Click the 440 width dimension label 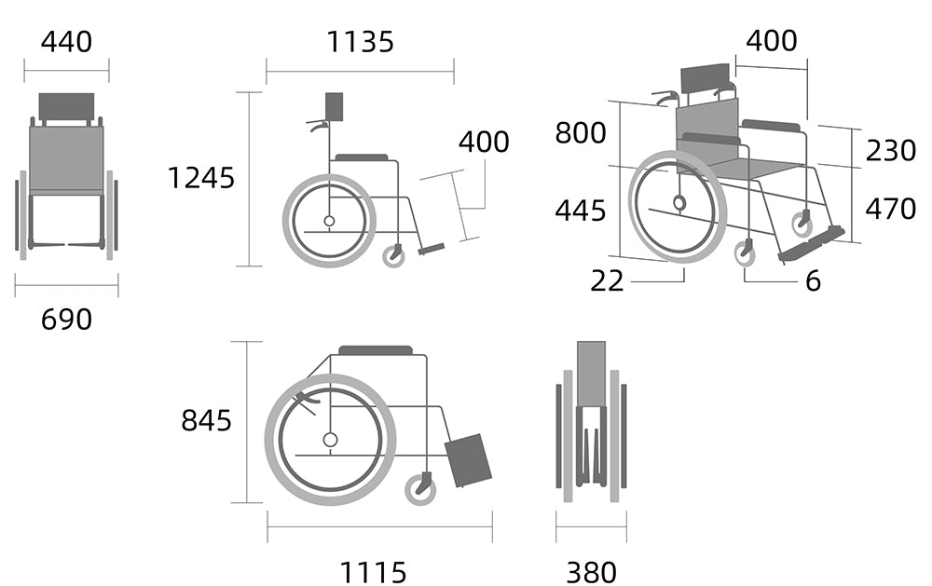[66, 42]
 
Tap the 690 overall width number [66, 320]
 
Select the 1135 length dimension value [360, 42]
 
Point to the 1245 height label [201, 178]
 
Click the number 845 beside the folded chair [206, 420]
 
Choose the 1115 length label [373, 573]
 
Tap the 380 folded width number [592, 573]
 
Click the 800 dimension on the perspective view [581, 132]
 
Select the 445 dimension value [581, 211]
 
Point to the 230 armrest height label [890, 150]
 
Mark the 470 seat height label [890, 209]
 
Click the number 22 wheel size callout [607, 280]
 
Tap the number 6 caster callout [813, 280]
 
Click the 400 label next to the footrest [484, 142]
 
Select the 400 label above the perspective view [772, 41]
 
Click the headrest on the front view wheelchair [66, 106]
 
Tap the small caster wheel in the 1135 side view [393, 257]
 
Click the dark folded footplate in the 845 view [469, 460]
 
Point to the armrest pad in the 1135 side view [362, 157]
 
